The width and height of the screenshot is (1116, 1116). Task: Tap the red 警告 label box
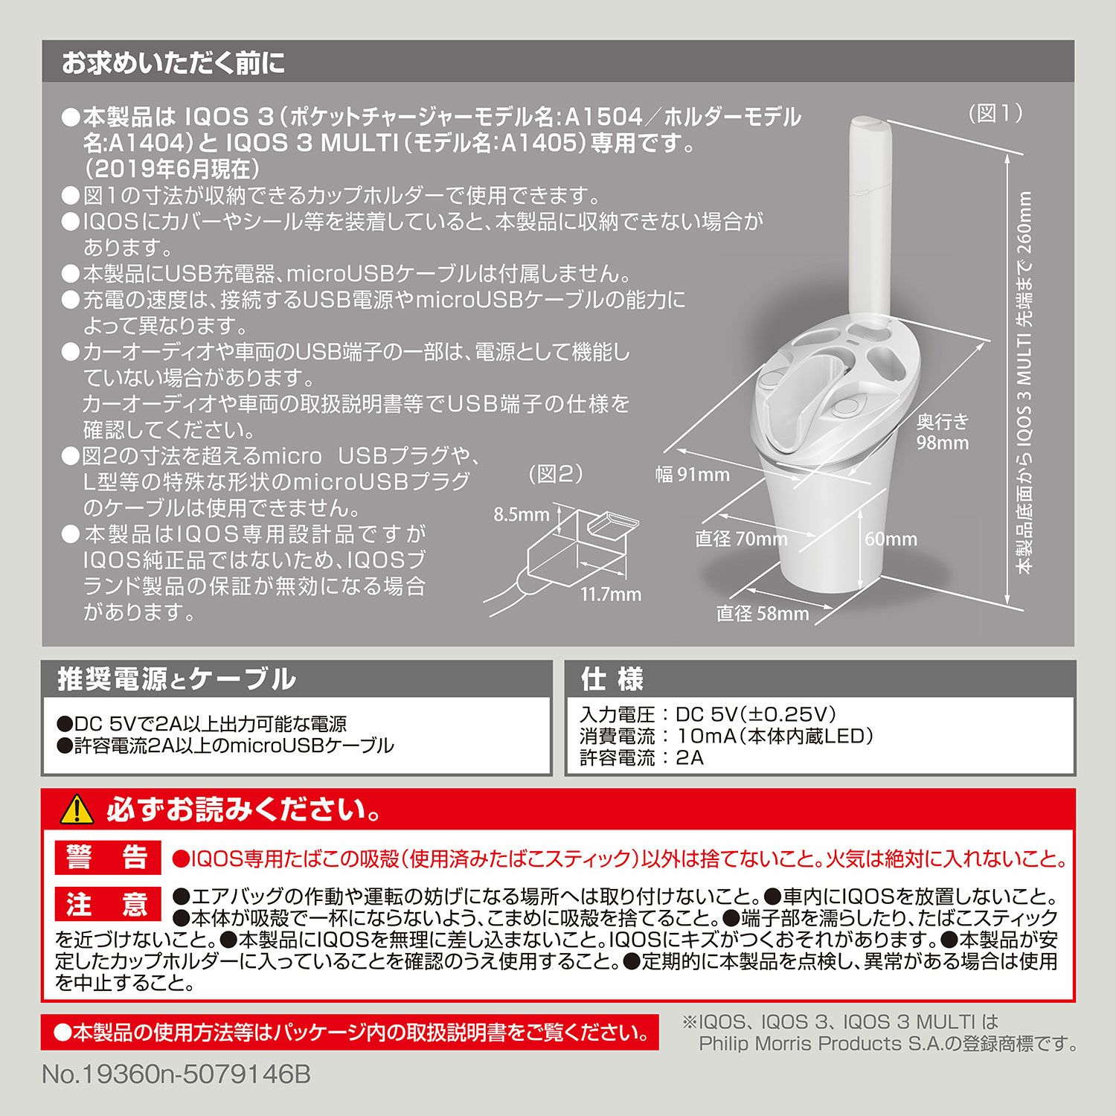pyautogui.click(x=109, y=858)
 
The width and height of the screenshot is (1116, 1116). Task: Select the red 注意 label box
pyautogui.click(x=109, y=904)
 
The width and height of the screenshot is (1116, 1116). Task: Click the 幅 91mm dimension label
pyautogui.click(x=692, y=475)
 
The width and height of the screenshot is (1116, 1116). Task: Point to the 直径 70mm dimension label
pyautogui.click(x=741, y=539)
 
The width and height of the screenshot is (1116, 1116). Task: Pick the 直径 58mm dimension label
pyautogui.click(x=762, y=614)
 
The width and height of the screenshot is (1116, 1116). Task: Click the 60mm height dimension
pyautogui.click(x=891, y=539)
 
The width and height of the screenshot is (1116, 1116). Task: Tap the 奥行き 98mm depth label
pyautogui.click(x=943, y=432)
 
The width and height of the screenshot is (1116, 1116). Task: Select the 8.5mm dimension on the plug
pyautogui.click(x=521, y=515)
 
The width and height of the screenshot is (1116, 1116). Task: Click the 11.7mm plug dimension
pyautogui.click(x=611, y=594)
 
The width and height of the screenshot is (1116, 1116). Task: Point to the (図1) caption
pyautogui.click(x=995, y=113)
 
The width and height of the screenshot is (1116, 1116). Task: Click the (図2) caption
pyautogui.click(x=556, y=474)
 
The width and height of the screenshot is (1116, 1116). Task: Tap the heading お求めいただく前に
pyautogui.click(x=173, y=62)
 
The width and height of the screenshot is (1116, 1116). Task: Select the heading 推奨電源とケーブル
pyautogui.click(x=177, y=679)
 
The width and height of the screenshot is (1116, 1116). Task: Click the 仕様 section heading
pyautogui.click(x=612, y=679)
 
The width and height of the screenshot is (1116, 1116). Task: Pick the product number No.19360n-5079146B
pyautogui.click(x=176, y=1074)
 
